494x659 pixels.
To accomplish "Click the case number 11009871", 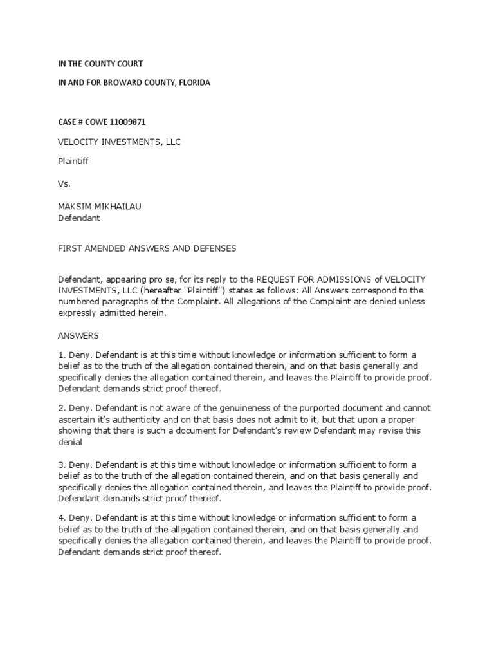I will (134, 122).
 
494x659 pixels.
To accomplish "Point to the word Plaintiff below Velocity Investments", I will (73, 162).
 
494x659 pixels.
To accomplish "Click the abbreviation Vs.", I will (64, 183).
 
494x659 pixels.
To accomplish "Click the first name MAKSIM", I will (75, 206).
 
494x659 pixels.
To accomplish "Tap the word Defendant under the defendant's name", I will (79, 218).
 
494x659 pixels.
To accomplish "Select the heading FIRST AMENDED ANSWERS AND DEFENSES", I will (147, 248).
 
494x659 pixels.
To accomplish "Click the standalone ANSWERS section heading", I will (78, 336).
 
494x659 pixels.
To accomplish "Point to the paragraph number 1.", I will (61, 355).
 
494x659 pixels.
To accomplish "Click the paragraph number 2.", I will (61, 409).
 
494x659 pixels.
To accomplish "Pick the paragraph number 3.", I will (61, 465).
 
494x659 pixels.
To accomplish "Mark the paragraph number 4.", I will (61, 518).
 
